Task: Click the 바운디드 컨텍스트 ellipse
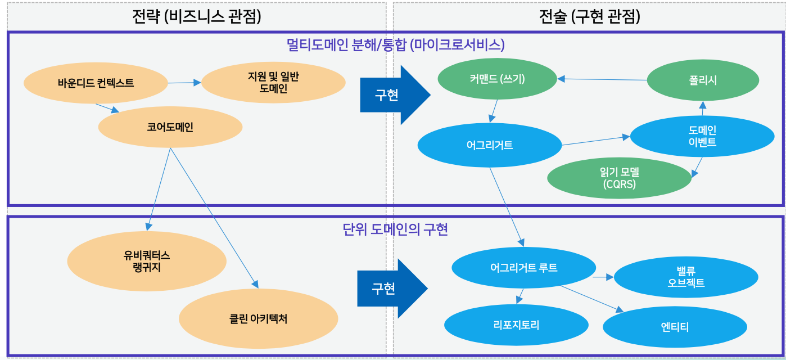pos(96,83)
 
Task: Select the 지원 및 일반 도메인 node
pos(273,83)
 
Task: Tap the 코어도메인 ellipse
pos(170,128)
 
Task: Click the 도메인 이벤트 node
pos(702,136)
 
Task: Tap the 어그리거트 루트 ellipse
pos(523,268)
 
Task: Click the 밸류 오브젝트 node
pos(683,277)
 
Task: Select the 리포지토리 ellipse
pos(516,325)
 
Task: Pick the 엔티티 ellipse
pos(675,327)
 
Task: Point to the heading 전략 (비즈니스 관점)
pos(196,17)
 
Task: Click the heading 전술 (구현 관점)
pos(589,17)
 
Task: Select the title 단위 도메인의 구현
pos(395,229)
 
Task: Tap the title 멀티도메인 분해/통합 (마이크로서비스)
pos(395,44)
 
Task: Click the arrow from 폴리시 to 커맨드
pos(602,79)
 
